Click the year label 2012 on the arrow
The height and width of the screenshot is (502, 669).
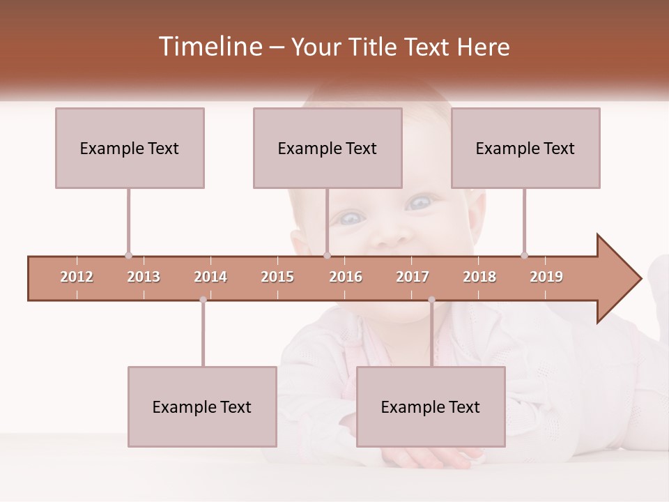[x=77, y=277]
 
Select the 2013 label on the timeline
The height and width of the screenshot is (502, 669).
[x=144, y=277]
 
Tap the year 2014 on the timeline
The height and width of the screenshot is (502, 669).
[x=210, y=277]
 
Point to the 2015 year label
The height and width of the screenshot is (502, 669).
[x=277, y=277]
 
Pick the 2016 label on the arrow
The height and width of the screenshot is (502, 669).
[x=346, y=277]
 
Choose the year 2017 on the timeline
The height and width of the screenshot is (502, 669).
[x=413, y=277]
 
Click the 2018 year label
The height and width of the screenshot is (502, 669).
[x=479, y=277]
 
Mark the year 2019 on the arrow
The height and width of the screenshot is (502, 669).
[x=546, y=277]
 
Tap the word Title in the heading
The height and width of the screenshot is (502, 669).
[x=373, y=47]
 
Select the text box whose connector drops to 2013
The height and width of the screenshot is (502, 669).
[x=130, y=148]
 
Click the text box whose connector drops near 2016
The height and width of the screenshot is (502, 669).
[x=328, y=148]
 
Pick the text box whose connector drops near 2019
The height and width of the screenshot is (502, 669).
[x=525, y=148]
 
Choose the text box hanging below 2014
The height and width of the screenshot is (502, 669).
[x=202, y=406]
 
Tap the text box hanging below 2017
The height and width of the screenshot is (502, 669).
[x=431, y=406]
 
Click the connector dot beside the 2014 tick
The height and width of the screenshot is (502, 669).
[x=203, y=300]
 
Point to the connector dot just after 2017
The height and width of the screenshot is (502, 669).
[x=431, y=300]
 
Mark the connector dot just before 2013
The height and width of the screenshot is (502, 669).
[x=128, y=255]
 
